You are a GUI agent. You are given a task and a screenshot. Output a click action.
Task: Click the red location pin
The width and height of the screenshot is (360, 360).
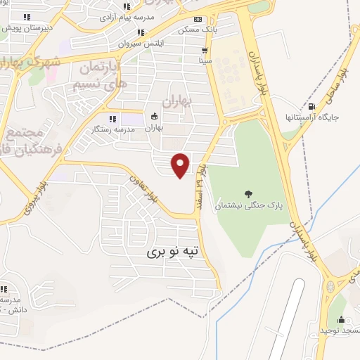pos(181,165)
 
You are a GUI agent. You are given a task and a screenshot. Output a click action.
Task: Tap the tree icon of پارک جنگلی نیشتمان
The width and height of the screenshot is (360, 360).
pos(247,193)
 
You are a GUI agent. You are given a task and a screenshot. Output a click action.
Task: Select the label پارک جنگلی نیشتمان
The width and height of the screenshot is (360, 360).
pos(247,205)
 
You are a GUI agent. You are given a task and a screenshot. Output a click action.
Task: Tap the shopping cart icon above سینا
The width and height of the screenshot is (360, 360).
pos(205,51)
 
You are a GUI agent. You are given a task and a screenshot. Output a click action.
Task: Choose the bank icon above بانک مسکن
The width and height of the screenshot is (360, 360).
pos(198,19)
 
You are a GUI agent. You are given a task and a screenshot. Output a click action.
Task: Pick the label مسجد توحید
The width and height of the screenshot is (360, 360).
pos(339,330)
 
